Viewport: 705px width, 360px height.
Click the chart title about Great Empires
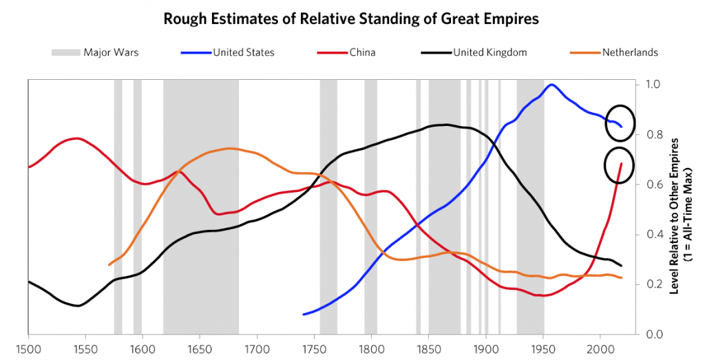351,19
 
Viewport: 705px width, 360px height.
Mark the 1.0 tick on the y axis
652,85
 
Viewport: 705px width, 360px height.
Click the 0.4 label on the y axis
652,235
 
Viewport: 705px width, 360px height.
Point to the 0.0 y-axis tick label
652,335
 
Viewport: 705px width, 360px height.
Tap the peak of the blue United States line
551,85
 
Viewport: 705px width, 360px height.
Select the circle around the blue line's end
620,123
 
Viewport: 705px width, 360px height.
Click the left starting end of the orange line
109,264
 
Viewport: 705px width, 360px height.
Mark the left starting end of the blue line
304,314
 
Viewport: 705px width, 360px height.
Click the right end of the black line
621,266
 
